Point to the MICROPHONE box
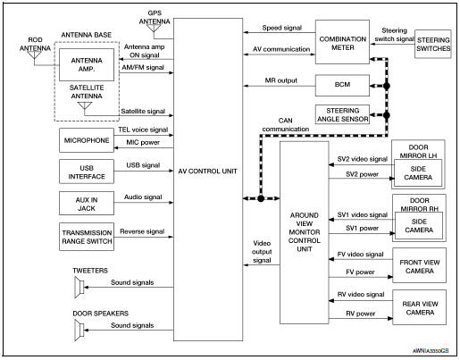click(x=87, y=141)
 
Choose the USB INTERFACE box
click(x=87, y=170)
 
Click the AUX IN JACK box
click(x=87, y=200)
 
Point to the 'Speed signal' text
click(x=279, y=28)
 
